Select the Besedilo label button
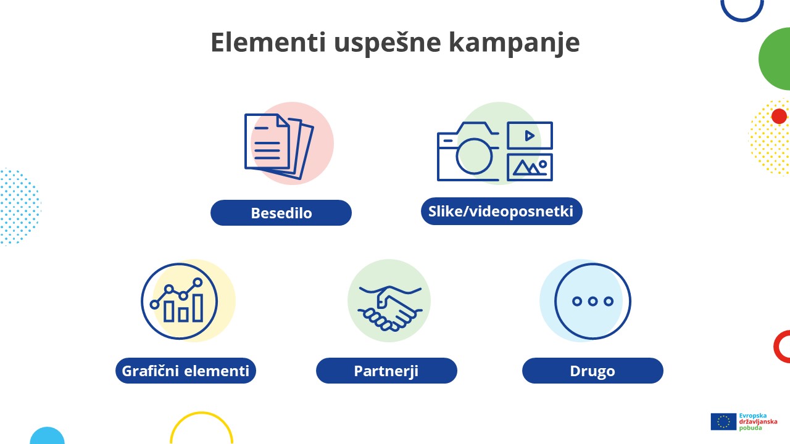tap(281, 213)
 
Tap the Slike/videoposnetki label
tap(501, 212)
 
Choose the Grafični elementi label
tap(186, 371)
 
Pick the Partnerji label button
tap(386, 371)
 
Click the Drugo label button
tap(592, 371)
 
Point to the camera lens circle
tap(475, 155)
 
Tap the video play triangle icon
tap(530, 136)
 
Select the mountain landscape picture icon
tap(530, 166)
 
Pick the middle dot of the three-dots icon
tap(592, 302)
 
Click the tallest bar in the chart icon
tap(197, 307)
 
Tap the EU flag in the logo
tap(723, 422)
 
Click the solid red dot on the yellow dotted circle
tap(779, 116)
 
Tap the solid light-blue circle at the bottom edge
tap(47, 437)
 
